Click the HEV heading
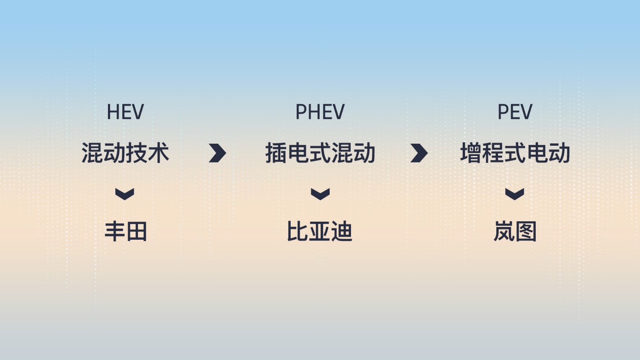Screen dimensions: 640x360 click(x=125, y=112)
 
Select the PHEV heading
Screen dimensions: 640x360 click(x=320, y=112)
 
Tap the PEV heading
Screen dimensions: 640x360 click(x=515, y=112)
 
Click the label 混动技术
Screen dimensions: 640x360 click(x=125, y=153)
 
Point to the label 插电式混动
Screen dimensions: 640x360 click(x=320, y=153)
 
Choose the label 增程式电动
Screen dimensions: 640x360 click(x=515, y=153)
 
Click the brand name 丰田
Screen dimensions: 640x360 click(x=126, y=231)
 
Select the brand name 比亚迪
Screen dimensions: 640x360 click(x=319, y=231)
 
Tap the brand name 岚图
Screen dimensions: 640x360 click(x=515, y=231)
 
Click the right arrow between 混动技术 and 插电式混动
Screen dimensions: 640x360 click(x=218, y=153)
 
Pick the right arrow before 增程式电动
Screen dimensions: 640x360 click(x=419, y=153)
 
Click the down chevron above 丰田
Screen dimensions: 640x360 click(x=124, y=194)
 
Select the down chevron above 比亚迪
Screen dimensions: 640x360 click(x=320, y=194)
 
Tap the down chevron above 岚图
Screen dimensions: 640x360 click(x=514, y=194)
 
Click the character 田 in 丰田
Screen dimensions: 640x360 click(x=137, y=231)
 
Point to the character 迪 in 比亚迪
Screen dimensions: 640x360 click(x=342, y=231)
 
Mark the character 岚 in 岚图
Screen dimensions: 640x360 click(x=504, y=231)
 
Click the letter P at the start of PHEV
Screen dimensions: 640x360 click(x=301, y=112)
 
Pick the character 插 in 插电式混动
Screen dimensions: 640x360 click(x=276, y=153)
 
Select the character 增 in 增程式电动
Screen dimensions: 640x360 click(x=471, y=153)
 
